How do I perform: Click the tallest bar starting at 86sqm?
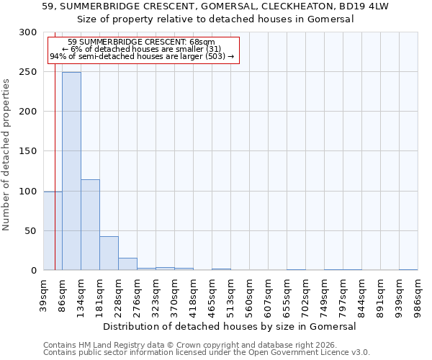coord(71,171)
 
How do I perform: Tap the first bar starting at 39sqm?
coord(53,230)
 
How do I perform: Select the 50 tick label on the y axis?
coord(31,231)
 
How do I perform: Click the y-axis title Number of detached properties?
coord(6,155)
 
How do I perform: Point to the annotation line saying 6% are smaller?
coord(141,49)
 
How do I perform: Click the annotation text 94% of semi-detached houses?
coord(141,56)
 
